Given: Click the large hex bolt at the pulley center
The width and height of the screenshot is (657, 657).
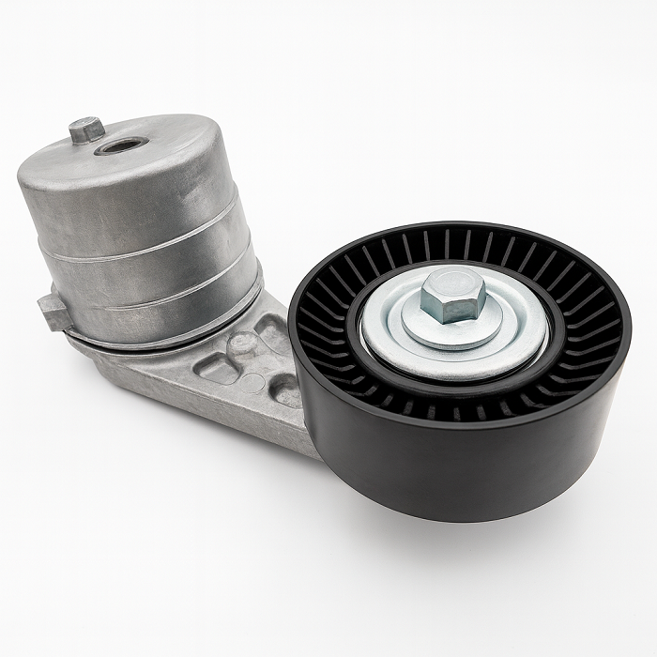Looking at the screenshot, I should point(454,295).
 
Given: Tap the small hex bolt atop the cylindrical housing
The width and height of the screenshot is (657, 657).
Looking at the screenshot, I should point(86,129).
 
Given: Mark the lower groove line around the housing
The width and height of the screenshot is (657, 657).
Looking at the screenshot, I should point(160,302).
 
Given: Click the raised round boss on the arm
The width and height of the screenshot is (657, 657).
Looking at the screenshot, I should point(242,343).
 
